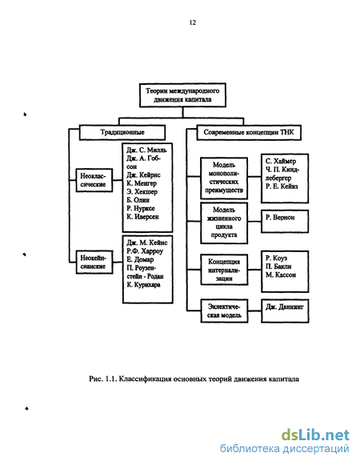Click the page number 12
coord(193,22)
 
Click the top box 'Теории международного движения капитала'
coord(182,95)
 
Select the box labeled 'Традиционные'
coord(122,132)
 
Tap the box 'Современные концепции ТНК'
coord(249,132)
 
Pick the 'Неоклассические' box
coord(94,180)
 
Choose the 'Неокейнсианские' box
coord(94,263)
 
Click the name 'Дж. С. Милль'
coord(146,150)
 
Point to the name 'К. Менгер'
coord(142,183)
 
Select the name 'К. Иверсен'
coord(142,217)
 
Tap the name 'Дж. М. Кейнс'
coord(147,243)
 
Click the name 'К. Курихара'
coord(143,285)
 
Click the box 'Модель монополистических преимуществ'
coord(224,178)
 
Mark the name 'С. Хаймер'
coord(281,162)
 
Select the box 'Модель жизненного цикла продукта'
coord(224,223)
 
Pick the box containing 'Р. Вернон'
coord(285,221)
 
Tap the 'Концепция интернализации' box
coord(224,270)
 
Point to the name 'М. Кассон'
coord(281,275)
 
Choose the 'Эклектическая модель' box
coord(224,311)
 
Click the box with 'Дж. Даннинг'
coord(285,311)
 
